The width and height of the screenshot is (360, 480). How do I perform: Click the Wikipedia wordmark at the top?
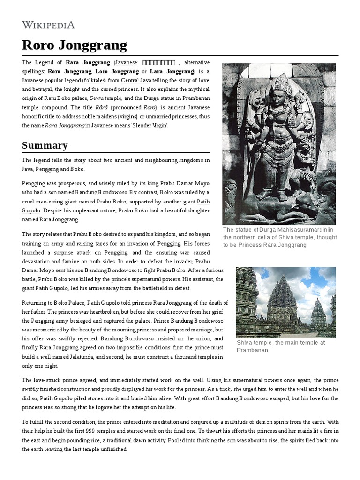(48, 25)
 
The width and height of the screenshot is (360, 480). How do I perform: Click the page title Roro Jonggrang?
(74, 45)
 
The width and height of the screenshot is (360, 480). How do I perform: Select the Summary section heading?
(45, 145)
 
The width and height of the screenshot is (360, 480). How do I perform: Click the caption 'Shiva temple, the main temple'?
(280, 346)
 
